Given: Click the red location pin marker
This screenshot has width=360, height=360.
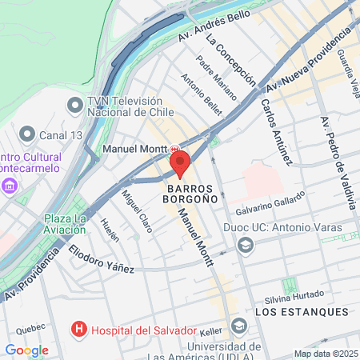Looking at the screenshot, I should pyautogui.click(x=179, y=163).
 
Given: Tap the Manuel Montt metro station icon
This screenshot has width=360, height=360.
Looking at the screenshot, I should pyautogui.click(x=174, y=149).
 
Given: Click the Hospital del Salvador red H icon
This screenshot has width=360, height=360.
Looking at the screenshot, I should pyautogui.click(x=79, y=329).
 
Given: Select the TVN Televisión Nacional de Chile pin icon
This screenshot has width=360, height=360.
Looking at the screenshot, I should pyautogui.click(x=75, y=105).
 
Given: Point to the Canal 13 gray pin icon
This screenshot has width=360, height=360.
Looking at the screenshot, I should pyautogui.click(x=27, y=133).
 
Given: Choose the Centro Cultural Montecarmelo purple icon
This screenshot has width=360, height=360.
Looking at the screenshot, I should pyautogui.click(x=10, y=186).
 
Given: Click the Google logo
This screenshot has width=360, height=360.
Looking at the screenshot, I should pyautogui.click(x=26, y=350).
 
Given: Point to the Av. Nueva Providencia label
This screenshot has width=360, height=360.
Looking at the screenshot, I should pyautogui.click(x=309, y=58).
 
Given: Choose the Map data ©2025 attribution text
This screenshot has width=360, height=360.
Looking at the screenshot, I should pyautogui.click(x=325, y=354).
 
